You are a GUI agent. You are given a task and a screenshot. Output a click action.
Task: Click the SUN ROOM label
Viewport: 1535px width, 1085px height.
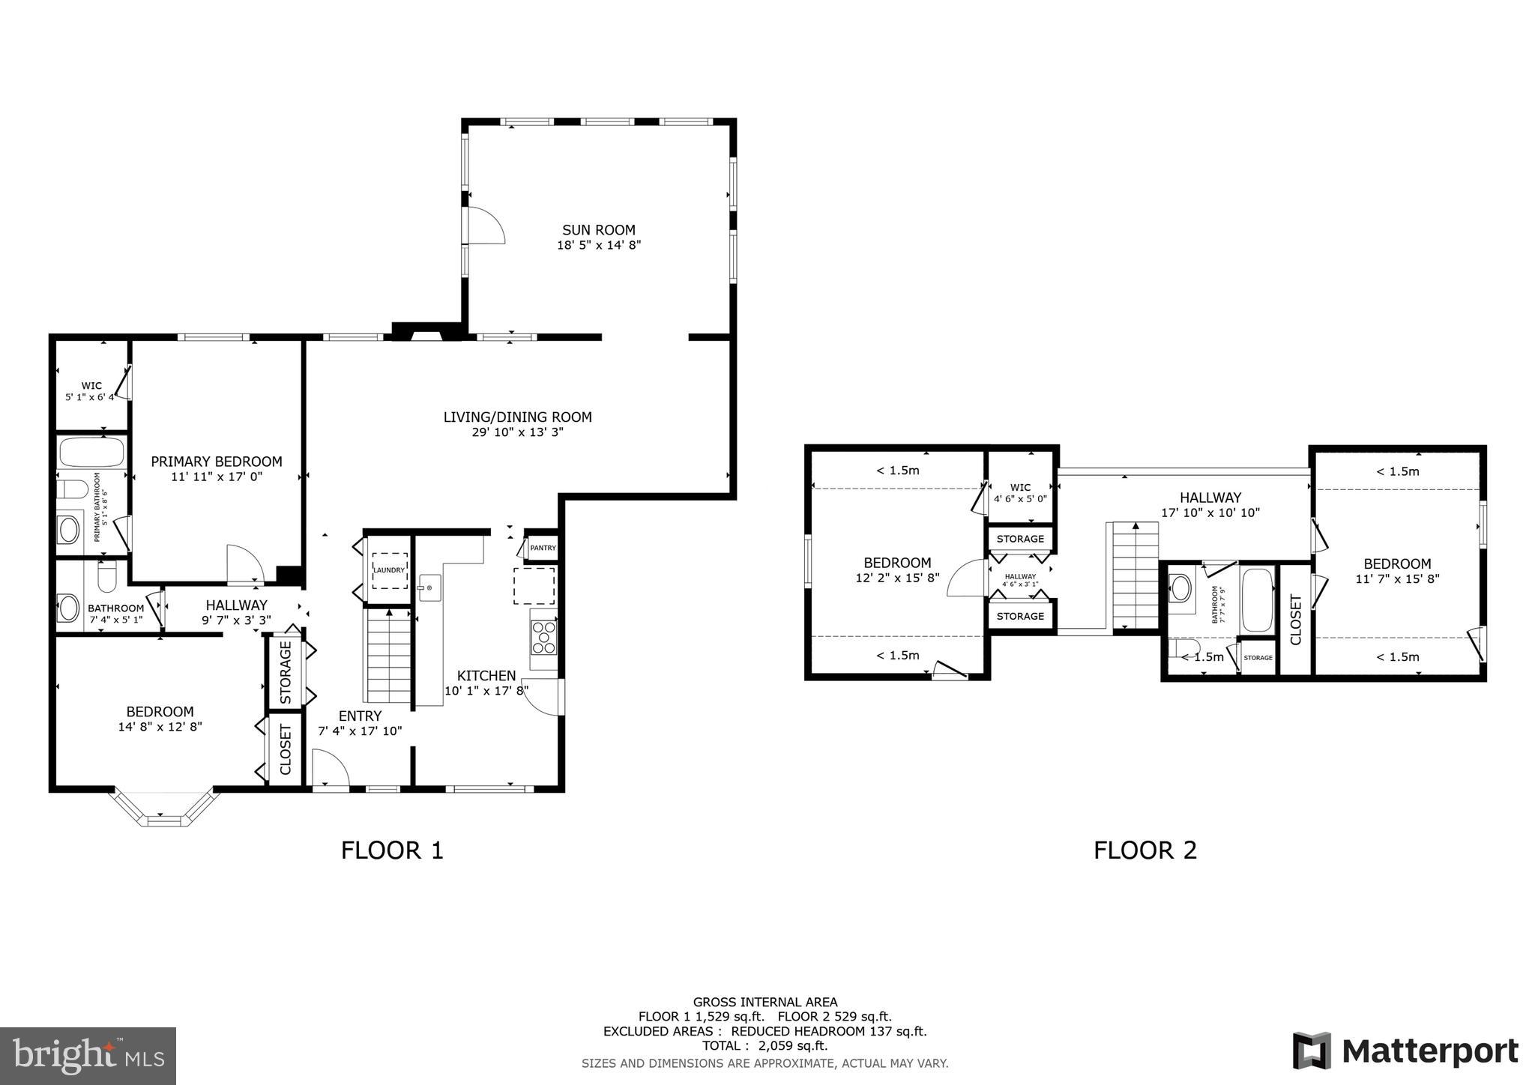(599, 230)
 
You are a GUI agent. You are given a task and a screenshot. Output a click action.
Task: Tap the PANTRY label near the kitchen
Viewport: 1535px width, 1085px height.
(543, 548)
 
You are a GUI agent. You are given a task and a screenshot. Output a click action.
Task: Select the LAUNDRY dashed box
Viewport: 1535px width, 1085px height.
(390, 571)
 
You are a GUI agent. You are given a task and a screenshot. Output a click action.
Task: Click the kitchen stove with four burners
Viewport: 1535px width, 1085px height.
(543, 638)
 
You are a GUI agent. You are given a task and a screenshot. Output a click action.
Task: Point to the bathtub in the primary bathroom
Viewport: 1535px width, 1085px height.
(91, 453)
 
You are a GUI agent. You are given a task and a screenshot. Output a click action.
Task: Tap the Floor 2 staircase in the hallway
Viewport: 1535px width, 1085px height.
(1136, 575)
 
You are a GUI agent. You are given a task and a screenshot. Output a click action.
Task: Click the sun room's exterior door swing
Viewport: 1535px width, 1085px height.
(485, 226)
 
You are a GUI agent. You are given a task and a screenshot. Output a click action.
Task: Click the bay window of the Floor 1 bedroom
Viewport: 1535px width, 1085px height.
(165, 814)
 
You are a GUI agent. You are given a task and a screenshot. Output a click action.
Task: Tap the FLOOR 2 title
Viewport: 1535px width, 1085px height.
(1145, 850)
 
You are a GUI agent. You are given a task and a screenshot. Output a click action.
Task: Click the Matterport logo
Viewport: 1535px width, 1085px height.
(1405, 1051)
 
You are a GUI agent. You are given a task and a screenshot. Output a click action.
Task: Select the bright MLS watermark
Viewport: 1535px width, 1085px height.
(88, 1056)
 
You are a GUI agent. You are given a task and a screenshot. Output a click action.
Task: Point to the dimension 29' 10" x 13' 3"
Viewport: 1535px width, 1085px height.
(517, 432)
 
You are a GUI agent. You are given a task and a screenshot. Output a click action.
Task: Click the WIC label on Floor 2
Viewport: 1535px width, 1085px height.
(1020, 487)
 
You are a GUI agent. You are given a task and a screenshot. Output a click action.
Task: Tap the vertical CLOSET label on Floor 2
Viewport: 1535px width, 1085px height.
(1295, 620)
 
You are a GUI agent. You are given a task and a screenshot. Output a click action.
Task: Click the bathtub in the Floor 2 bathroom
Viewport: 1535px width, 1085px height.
(1257, 600)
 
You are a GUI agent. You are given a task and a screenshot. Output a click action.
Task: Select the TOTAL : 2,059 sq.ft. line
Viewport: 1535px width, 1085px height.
(765, 1046)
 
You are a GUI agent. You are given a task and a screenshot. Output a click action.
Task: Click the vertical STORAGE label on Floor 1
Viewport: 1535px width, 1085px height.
(286, 672)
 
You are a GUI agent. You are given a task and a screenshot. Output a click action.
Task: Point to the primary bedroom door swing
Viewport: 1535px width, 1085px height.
(244, 563)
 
